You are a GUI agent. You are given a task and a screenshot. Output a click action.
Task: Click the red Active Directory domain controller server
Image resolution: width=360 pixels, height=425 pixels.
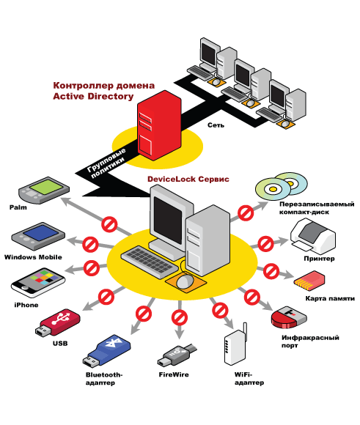tap(159, 125)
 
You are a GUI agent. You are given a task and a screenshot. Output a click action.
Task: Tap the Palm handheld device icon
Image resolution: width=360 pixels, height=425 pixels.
tap(44, 190)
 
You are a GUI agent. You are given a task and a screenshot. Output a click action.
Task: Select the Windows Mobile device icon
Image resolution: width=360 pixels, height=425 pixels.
tap(38, 236)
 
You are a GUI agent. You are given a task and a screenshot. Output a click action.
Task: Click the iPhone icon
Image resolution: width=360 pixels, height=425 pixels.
tap(38, 282)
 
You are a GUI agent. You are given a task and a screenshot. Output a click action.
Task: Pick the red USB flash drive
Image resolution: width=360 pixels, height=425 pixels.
tap(57, 322)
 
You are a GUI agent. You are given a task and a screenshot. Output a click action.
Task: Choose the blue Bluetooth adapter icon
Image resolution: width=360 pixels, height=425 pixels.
tap(106, 351)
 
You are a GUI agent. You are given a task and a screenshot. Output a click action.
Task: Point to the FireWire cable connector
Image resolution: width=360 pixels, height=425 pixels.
tap(177, 355)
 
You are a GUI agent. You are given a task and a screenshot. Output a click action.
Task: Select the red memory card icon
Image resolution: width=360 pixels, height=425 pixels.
tap(309, 280)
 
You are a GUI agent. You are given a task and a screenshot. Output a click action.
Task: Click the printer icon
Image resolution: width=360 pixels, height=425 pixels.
tap(313, 235)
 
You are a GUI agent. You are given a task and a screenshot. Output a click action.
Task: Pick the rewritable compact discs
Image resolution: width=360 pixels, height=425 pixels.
tap(282, 186)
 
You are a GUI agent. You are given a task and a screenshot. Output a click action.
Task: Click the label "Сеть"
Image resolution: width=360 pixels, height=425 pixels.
tap(216, 125)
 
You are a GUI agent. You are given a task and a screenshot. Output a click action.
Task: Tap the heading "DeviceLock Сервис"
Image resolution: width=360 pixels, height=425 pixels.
tap(188, 180)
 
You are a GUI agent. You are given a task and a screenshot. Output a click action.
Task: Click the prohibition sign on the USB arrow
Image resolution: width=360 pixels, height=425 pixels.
tap(106, 297)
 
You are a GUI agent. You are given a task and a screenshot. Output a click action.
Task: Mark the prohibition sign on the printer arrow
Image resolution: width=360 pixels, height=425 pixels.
tap(265, 244)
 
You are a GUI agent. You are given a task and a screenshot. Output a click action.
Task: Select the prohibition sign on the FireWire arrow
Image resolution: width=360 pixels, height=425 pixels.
tap(180, 317)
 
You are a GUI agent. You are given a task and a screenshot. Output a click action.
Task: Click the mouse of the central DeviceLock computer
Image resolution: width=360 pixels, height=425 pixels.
tap(185, 281)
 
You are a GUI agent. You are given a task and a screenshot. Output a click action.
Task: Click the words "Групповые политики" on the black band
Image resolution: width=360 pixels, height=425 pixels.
tap(106, 163)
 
